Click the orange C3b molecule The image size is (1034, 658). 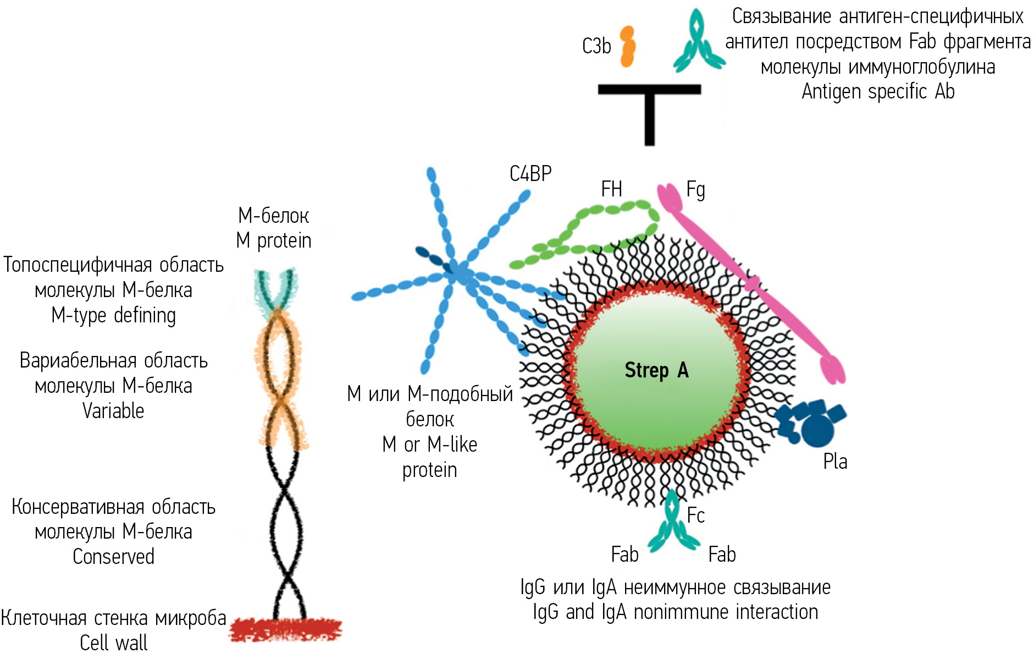tap(627, 47)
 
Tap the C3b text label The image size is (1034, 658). tap(596, 46)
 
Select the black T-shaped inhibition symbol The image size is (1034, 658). tap(649, 110)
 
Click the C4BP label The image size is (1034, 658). tap(530, 174)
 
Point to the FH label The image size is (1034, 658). tap(611, 189)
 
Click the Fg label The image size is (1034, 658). tap(695, 190)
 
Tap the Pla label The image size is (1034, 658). tap(835, 461)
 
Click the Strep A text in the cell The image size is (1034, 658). tap(656, 370)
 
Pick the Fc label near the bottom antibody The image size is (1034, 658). tap(695, 516)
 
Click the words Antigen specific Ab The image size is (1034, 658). tap(878, 91)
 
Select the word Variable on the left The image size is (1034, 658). tap(113, 411)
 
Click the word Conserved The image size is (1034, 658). tap(113, 557)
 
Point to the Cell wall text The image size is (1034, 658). tap(113, 643)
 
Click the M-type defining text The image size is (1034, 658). tap(113, 316)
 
